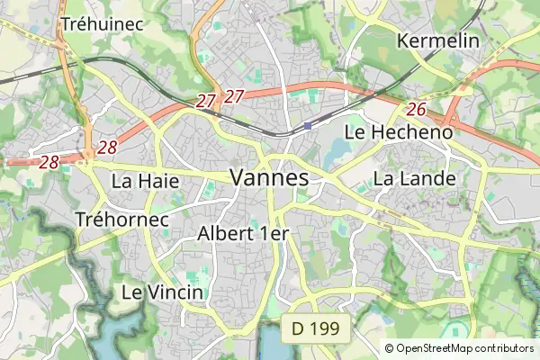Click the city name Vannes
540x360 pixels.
(x=269, y=177)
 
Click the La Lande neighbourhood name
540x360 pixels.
(x=414, y=178)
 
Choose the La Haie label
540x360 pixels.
(x=145, y=181)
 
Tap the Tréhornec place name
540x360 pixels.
(x=122, y=219)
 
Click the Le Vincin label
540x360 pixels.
(x=162, y=292)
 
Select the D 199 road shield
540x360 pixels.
(x=315, y=329)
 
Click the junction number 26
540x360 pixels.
(x=416, y=109)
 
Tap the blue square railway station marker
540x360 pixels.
(x=308, y=125)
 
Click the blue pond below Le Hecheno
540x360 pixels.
(x=339, y=151)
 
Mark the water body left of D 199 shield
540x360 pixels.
(x=270, y=343)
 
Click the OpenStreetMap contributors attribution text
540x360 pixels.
(x=464, y=348)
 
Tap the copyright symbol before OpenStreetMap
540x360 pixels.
(x=389, y=348)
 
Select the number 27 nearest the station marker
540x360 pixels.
(x=235, y=96)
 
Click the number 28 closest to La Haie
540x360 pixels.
(x=108, y=148)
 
